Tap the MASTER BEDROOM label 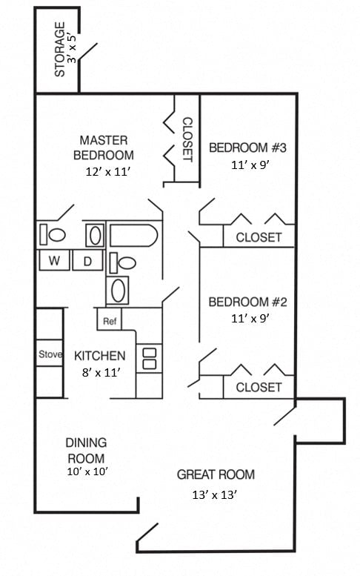[104, 148]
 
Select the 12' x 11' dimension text [108, 171]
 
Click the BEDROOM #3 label [247, 148]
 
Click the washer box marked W [54, 261]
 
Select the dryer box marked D [87, 261]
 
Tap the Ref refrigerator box [109, 321]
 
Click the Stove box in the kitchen [50, 354]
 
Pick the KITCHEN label [100, 356]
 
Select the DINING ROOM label [86, 451]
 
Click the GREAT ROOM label [216, 474]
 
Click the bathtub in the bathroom [134, 236]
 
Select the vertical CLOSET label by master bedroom [187, 139]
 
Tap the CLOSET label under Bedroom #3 [259, 237]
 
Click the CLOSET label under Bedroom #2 [259, 387]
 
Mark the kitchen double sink [149, 358]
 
